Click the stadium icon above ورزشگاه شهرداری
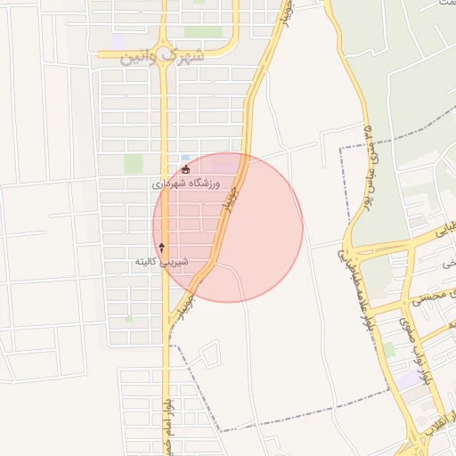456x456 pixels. (x=185, y=169)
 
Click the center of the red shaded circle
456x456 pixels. (x=228, y=227)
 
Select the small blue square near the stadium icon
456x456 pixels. (x=184, y=158)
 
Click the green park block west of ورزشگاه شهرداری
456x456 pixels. (x=134, y=164)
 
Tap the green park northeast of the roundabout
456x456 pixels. (x=203, y=32)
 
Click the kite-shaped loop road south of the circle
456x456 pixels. (x=210, y=354)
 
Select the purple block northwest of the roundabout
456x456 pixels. (x=118, y=41)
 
